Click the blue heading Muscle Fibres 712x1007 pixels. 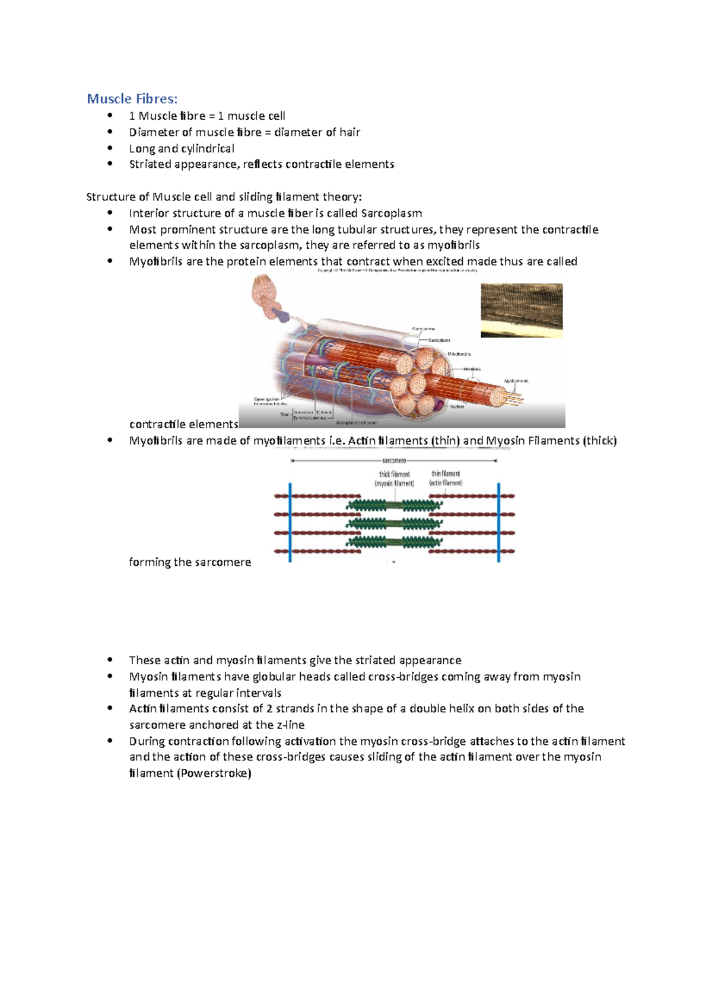pyautogui.click(x=132, y=98)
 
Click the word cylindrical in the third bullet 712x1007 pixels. pyautogui.click(x=207, y=148)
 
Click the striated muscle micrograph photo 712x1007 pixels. pyautogui.click(x=522, y=310)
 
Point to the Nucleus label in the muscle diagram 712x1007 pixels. pyautogui.click(x=456, y=406)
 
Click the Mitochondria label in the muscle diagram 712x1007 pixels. pyautogui.click(x=459, y=354)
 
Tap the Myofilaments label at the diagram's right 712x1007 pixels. pyautogui.click(x=516, y=381)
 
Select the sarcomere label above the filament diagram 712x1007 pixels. pyautogui.click(x=394, y=460)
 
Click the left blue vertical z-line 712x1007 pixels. pyautogui.click(x=290, y=522)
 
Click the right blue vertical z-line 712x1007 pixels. pyautogui.click(x=498, y=522)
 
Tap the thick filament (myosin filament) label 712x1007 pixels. pyautogui.click(x=395, y=479)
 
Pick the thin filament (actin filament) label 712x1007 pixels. pyautogui.click(x=446, y=479)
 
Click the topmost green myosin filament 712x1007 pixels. pyautogui.click(x=394, y=505)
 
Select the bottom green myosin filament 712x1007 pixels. pyautogui.click(x=394, y=542)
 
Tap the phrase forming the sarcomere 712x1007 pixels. pyautogui.click(x=190, y=562)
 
